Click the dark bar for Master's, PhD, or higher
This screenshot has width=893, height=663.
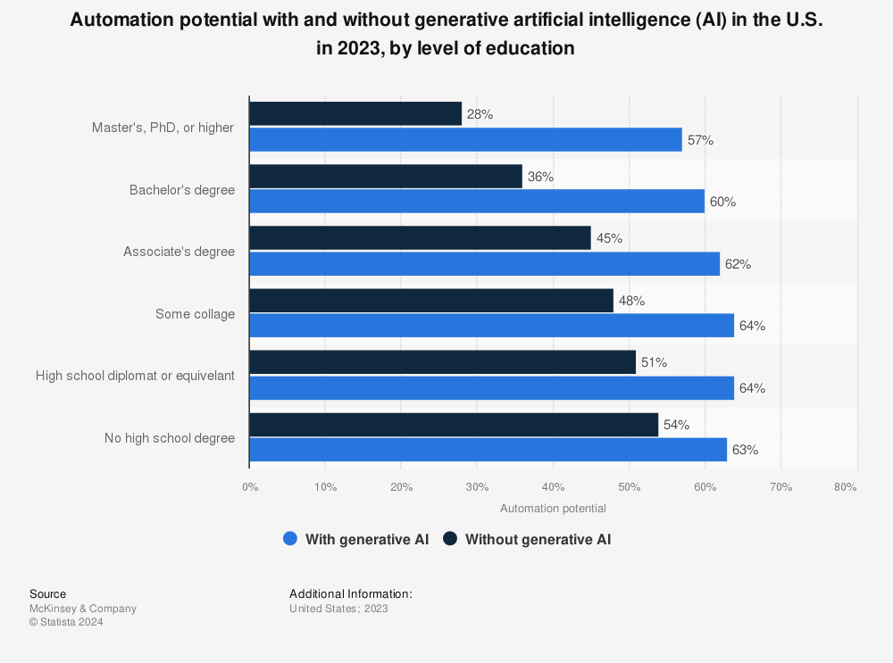(355, 114)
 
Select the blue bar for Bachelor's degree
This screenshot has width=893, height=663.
(477, 202)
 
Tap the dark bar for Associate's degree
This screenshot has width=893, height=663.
(420, 238)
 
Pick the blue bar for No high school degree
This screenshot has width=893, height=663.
(488, 450)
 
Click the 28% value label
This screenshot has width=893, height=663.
(480, 114)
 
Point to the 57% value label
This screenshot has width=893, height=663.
(700, 140)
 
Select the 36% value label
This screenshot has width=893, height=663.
(540, 177)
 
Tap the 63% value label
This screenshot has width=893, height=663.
(745, 450)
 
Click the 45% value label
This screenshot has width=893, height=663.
(609, 238)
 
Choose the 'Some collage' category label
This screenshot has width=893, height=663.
(195, 313)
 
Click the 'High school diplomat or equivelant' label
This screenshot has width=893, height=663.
(135, 376)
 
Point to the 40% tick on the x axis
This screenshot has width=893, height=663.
(553, 487)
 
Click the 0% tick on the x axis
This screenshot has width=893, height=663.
(250, 487)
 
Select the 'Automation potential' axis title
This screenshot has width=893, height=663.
(553, 509)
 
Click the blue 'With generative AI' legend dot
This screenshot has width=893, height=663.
(289, 539)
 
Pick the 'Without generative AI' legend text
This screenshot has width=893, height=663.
(538, 539)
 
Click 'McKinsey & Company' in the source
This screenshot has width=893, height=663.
(83, 609)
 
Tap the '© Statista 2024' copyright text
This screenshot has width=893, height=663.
(66, 623)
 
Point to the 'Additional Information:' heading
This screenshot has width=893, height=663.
(351, 593)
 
